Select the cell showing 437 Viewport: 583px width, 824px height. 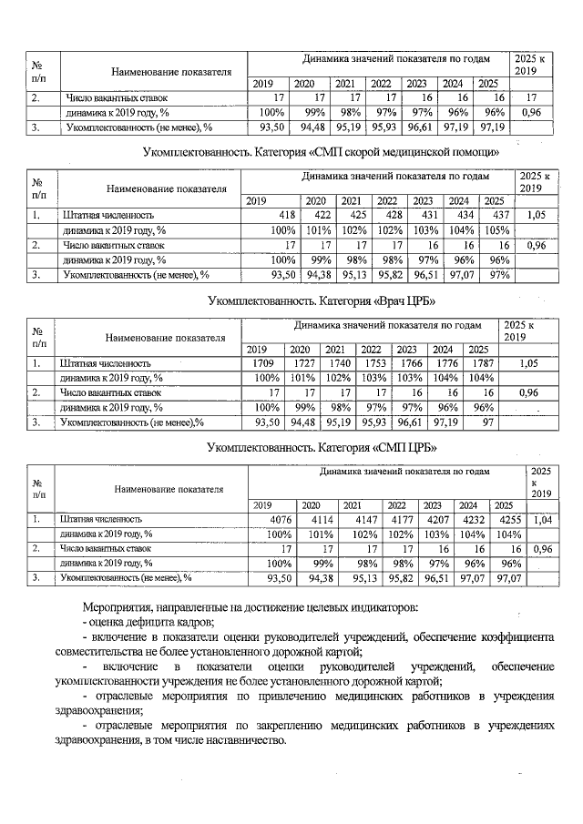[497, 216]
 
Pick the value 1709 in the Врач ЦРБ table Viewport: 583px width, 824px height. [262, 363]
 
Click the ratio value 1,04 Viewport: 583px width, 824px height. [543, 520]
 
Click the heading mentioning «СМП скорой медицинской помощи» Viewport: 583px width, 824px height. [323, 150]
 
